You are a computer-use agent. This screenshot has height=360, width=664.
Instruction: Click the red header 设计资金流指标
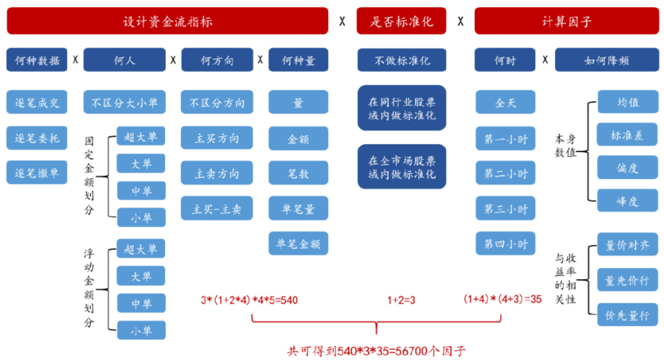pyautogui.click(x=167, y=21)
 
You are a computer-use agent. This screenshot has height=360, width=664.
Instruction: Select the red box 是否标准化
pyautogui.click(x=401, y=21)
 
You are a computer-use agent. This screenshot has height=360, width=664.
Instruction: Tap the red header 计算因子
pyautogui.click(x=567, y=21)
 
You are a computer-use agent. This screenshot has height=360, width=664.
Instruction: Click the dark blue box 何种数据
pyautogui.click(x=37, y=61)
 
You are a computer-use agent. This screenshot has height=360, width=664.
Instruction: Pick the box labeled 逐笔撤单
pyautogui.click(x=37, y=173)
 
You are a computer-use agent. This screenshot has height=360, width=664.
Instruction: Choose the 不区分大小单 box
pyautogui.click(x=124, y=102)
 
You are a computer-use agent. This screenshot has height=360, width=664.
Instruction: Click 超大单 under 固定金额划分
pyautogui.click(x=141, y=136)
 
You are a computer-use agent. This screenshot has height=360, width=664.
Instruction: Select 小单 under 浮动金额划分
pyautogui.click(x=141, y=331)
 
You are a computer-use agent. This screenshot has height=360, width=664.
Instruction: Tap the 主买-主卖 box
pyautogui.click(x=217, y=209)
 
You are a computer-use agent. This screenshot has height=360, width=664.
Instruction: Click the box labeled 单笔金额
pyautogui.click(x=298, y=244)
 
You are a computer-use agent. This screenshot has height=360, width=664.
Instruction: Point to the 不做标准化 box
pyautogui.click(x=401, y=61)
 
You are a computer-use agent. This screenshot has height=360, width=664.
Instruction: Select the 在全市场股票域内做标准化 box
pyautogui.click(x=401, y=167)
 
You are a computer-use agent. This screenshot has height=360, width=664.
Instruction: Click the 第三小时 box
pyautogui.click(x=505, y=209)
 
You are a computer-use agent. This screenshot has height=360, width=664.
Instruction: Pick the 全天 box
pyautogui.click(x=505, y=102)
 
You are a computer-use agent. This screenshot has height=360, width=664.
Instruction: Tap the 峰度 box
pyautogui.click(x=627, y=201)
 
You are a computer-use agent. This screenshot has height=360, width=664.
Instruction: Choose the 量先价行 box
pyautogui.click(x=627, y=280)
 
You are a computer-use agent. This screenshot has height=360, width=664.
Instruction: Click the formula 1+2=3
pyautogui.click(x=401, y=300)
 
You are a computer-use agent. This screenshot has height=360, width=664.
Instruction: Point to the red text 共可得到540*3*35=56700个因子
pyautogui.click(x=376, y=350)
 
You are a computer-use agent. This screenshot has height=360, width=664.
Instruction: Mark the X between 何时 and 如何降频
pyautogui.click(x=545, y=60)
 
